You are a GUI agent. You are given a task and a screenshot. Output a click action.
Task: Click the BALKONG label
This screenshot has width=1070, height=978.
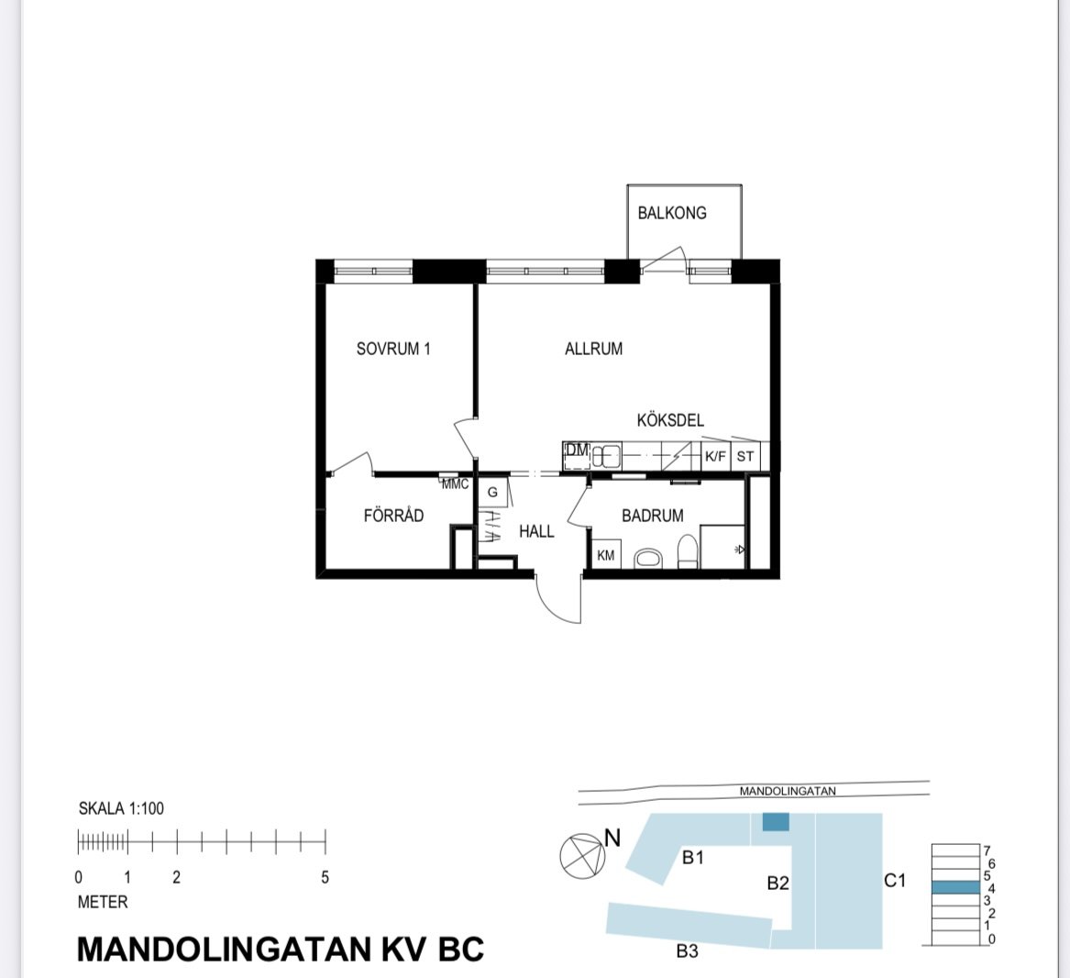[x=672, y=213]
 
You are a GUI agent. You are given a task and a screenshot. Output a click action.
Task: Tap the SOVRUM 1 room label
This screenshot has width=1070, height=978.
[x=393, y=349]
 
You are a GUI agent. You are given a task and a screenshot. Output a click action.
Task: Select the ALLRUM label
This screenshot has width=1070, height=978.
[x=593, y=349]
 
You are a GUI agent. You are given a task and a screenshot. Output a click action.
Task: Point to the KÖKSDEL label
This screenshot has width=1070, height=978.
[x=670, y=420]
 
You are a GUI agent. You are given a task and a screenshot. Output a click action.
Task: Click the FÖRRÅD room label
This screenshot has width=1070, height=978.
[x=393, y=516]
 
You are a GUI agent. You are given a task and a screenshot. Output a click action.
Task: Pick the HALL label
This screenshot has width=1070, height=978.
[x=536, y=531]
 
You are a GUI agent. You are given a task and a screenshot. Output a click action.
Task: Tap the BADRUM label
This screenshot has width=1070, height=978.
[x=652, y=516]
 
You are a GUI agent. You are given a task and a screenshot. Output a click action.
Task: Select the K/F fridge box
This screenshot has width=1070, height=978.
[x=715, y=456]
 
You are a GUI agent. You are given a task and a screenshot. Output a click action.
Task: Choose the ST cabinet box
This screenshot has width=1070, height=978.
[x=745, y=456]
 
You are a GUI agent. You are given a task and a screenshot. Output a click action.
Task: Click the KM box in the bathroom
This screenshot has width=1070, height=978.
[x=606, y=555]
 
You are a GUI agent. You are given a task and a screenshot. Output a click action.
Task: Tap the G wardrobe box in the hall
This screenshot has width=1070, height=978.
[x=492, y=493]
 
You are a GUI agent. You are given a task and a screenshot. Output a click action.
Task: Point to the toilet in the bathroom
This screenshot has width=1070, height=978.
[x=688, y=553]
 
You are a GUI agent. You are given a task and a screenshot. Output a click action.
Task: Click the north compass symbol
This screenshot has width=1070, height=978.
[x=583, y=855]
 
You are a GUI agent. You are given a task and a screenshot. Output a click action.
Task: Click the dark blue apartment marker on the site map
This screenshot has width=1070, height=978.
[x=776, y=823]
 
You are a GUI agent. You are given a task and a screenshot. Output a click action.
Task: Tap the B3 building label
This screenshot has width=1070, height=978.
[x=687, y=951]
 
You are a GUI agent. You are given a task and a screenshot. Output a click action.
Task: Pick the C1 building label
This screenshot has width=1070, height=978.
[x=894, y=881]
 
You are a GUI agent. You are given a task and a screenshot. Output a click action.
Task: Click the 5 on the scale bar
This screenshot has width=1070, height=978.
[x=325, y=877]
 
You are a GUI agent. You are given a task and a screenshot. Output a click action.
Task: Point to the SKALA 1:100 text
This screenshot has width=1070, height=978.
[x=121, y=808]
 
